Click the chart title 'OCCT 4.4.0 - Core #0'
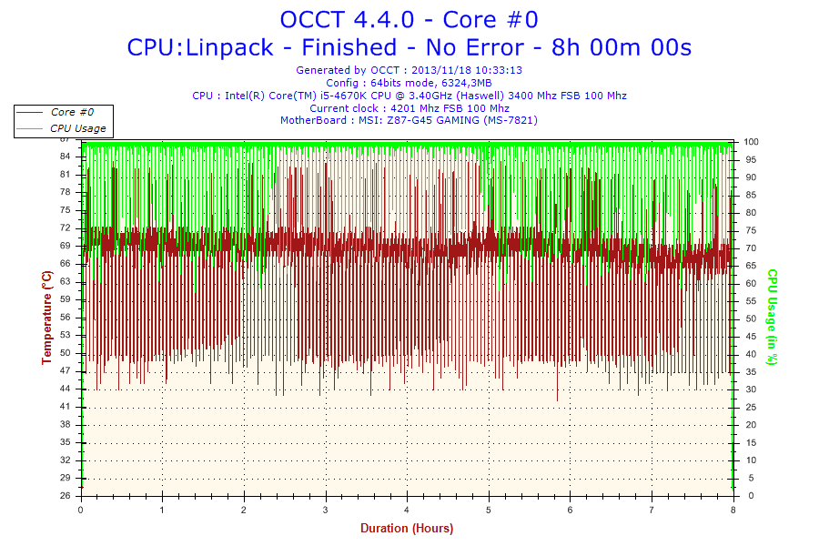409,19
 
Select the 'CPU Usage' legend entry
77,128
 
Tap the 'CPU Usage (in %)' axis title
772,317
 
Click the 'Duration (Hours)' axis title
407,529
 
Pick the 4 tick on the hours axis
407,510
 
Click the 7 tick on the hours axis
652,510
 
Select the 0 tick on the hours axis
81,510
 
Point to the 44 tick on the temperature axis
66,389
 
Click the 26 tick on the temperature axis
66,496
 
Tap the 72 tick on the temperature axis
66,227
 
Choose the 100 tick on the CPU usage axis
752,142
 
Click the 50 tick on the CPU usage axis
750,318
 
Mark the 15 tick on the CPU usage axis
750,442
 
